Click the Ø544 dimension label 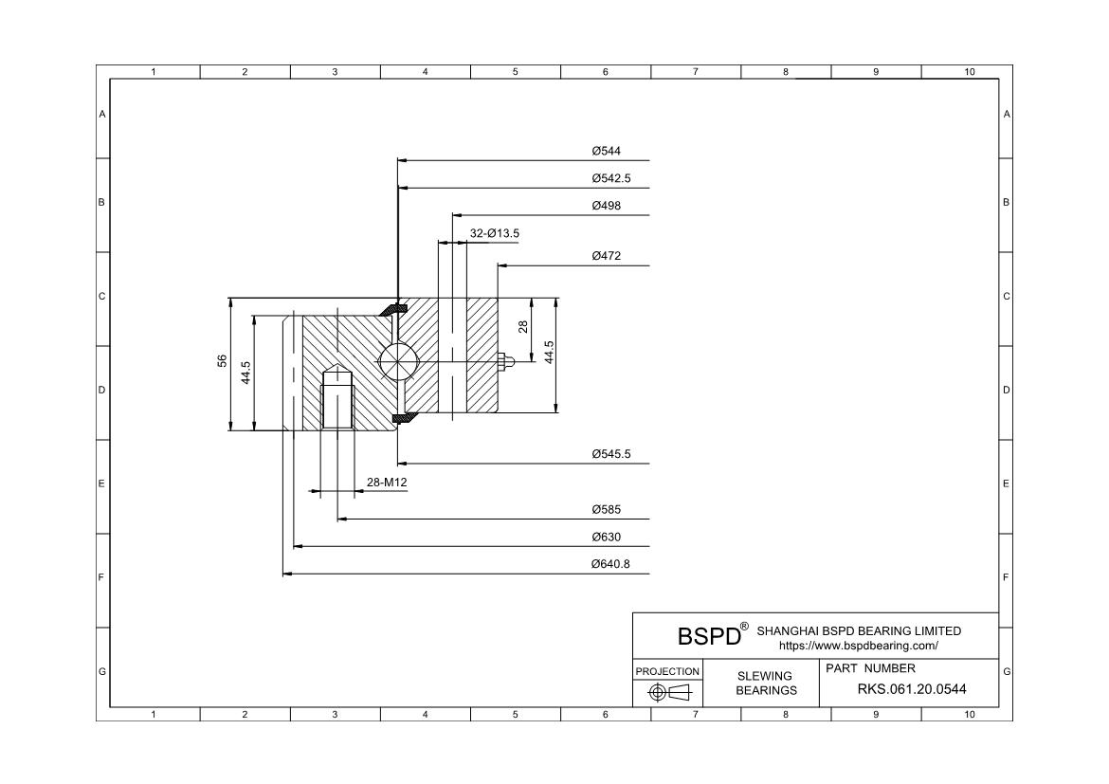(606, 151)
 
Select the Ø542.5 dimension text (610, 178)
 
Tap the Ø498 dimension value (606, 206)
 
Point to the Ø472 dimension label (606, 256)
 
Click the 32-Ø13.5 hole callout (495, 233)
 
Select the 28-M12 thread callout (387, 483)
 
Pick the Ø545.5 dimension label (610, 455)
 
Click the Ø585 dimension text (606, 510)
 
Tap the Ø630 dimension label (606, 538)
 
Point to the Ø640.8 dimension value (610, 565)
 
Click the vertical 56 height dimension (222, 361)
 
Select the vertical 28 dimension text (522, 327)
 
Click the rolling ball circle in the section (395, 360)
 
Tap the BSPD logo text (709, 635)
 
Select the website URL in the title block (858, 646)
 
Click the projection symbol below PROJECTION (667, 693)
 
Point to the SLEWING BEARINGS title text (766, 684)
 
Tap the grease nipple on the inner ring (505, 360)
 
